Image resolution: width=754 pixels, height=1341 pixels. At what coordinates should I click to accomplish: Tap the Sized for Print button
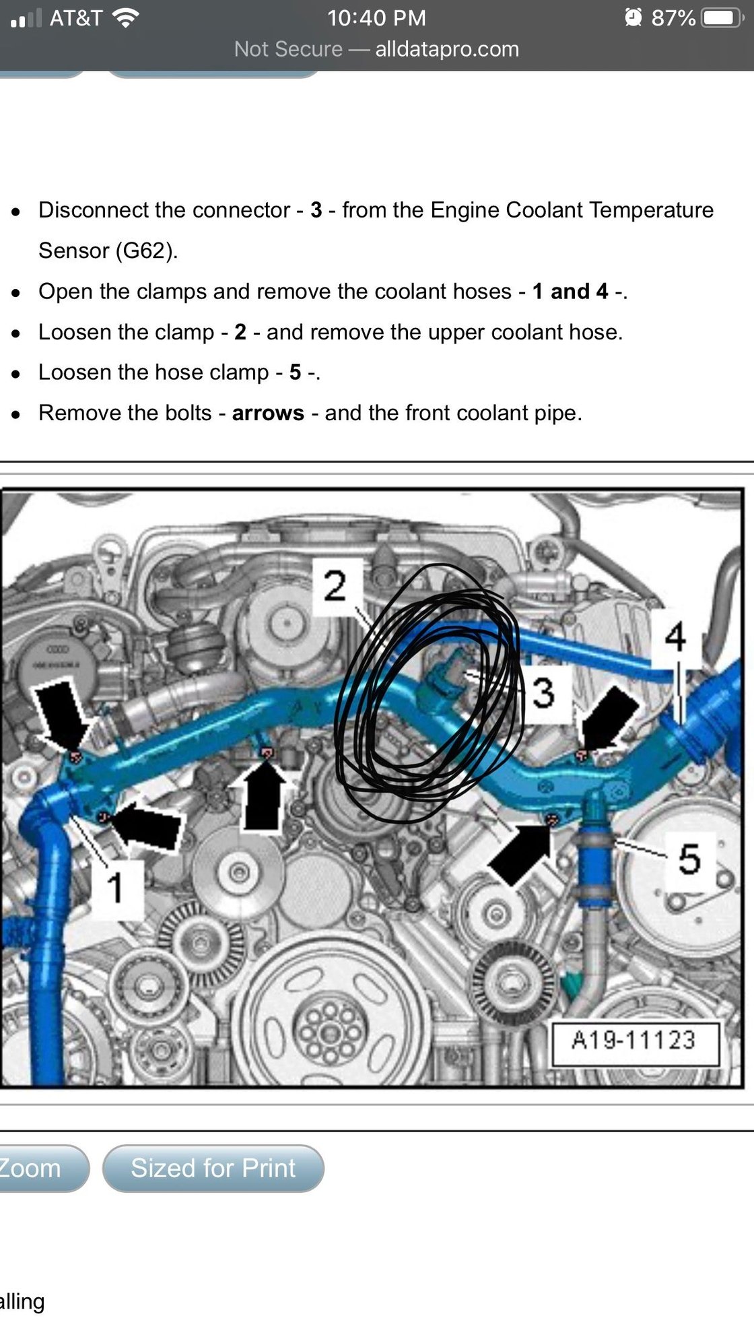point(213,1168)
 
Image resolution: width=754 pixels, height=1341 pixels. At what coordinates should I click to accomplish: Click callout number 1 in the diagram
point(116,887)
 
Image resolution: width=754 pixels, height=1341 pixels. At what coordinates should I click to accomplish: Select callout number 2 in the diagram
point(335,586)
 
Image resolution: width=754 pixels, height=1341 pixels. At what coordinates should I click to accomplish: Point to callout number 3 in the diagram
point(543,693)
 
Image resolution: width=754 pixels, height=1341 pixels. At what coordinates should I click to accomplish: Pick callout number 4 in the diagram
point(675,637)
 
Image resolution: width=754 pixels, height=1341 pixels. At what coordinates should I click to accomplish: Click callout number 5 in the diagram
point(689,859)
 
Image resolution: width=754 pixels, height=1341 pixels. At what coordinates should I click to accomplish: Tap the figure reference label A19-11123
point(634,1041)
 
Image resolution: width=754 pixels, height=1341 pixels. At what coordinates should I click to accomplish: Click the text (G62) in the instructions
point(146,251)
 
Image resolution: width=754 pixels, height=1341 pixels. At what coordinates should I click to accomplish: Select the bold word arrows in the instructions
point(268,413)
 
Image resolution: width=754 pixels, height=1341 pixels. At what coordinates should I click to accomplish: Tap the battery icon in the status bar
point(722,18)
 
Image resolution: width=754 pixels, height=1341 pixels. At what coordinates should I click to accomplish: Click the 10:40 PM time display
point(376,18)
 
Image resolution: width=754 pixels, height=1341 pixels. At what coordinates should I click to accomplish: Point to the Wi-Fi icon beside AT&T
point(125,18)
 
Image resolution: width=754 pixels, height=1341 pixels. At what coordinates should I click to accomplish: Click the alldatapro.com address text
point(447,49)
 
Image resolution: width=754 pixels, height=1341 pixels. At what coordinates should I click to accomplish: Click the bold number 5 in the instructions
point(295,372)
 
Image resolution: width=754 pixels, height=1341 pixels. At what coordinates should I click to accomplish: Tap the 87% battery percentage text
point(673,18)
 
